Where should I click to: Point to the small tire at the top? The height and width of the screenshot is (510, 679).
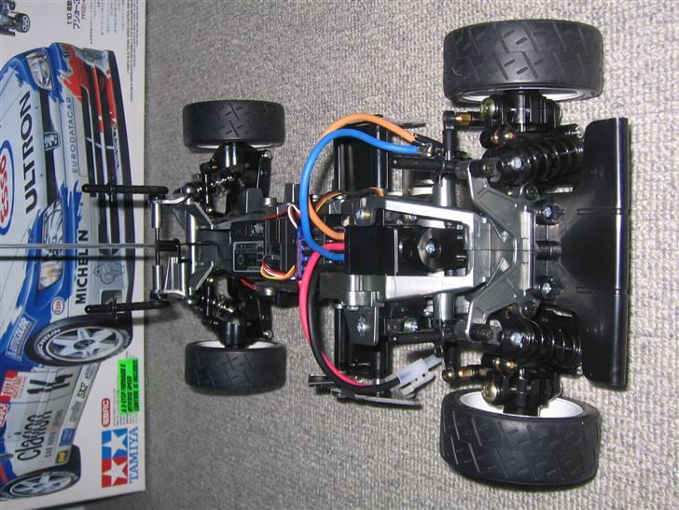(233, 123)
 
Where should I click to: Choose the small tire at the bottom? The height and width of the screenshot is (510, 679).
(234, 364)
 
